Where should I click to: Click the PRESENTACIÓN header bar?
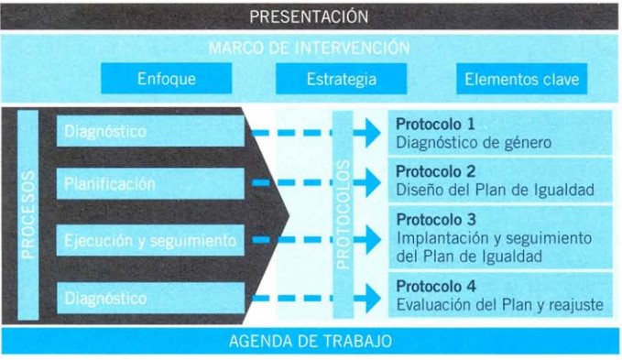pyautogui.click(x=310, y=16)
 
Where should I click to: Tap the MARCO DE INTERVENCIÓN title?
pyautogui.click(x=310, y=48)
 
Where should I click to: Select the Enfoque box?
pyautogui.click(x=167, y=79)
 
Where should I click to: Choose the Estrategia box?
pyautogui.click(x=341, y=79)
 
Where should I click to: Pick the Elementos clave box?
pyautogui.click(x=521, y=79)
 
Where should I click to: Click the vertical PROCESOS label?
pyautogui.click(x=28, y=215)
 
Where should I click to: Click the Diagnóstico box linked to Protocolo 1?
pyautogui.click(x=151, y=132)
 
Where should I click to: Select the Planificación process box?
pyautogui.click(x=151, y=184)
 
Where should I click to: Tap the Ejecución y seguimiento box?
pyautogui.click(x=151, y=241)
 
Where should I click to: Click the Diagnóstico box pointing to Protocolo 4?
pyautogui.click(x=151, y=298)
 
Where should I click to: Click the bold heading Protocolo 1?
pyautogui.click(x=435, y=124)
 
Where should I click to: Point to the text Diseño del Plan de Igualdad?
pyautogui.click(x=495, y=191)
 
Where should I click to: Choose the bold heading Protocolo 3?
pyautogui.click(x=435, y=220)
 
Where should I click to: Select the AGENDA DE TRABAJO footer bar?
pyautogui.click(x=310, y=341)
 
